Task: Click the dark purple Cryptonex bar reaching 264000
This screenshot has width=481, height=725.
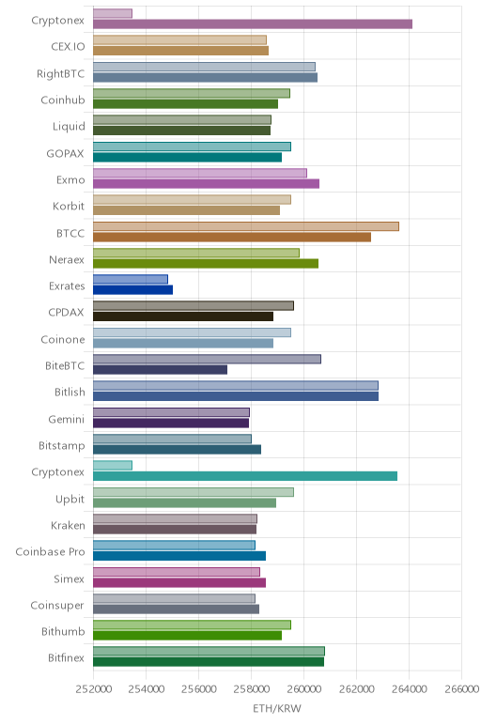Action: [x=253, y=24]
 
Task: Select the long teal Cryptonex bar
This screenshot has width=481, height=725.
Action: [x=245, y=476]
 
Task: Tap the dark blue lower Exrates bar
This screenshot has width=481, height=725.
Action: [x=132, y=290]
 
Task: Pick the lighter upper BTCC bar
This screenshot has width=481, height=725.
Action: [x=246, y=226]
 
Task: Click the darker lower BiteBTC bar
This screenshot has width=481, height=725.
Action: [x=160, y=370]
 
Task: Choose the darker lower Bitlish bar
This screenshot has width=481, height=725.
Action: [x=236, y=396]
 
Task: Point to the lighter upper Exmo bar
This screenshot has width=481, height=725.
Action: [x=200, y=174]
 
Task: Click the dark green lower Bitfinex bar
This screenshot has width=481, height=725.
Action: [x=209, y=662]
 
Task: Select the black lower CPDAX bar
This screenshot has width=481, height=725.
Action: [x=183, y=316]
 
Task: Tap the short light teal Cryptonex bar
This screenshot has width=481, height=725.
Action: [x=113, y=465]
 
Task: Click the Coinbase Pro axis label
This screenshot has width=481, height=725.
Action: [x=50, y=552]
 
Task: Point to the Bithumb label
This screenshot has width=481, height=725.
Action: [x=63, y=632]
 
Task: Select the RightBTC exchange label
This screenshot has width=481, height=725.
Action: [x=60, y=74]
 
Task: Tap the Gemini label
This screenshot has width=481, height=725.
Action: [x=67, y=420]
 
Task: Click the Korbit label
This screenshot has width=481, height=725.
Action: [x=69, y=207]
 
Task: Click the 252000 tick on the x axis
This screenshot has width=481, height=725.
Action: [x=93, y=689]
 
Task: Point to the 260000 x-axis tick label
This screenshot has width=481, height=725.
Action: [x=303, y=689]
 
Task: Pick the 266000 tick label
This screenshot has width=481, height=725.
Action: [x=461, y=689]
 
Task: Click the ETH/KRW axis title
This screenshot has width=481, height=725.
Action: [x=276, y=708]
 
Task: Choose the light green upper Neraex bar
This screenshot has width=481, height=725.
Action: [x=196, y=253]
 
